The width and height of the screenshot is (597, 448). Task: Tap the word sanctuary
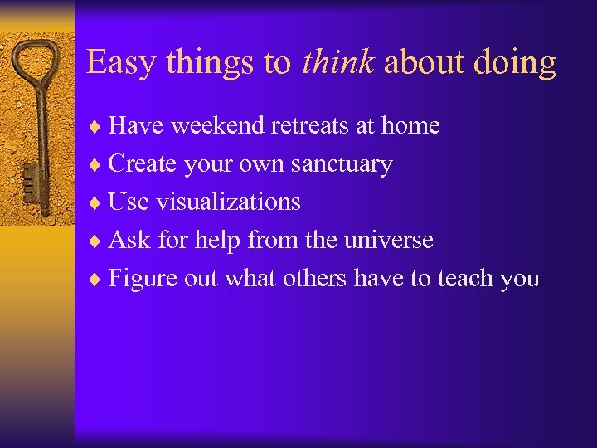coord(341,164)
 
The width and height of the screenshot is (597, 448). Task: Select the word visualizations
coord(228,202)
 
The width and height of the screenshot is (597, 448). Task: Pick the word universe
coord(390,240)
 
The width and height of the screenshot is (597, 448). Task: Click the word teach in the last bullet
coord(463,278)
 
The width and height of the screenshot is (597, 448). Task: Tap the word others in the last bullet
coord(314,278)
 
